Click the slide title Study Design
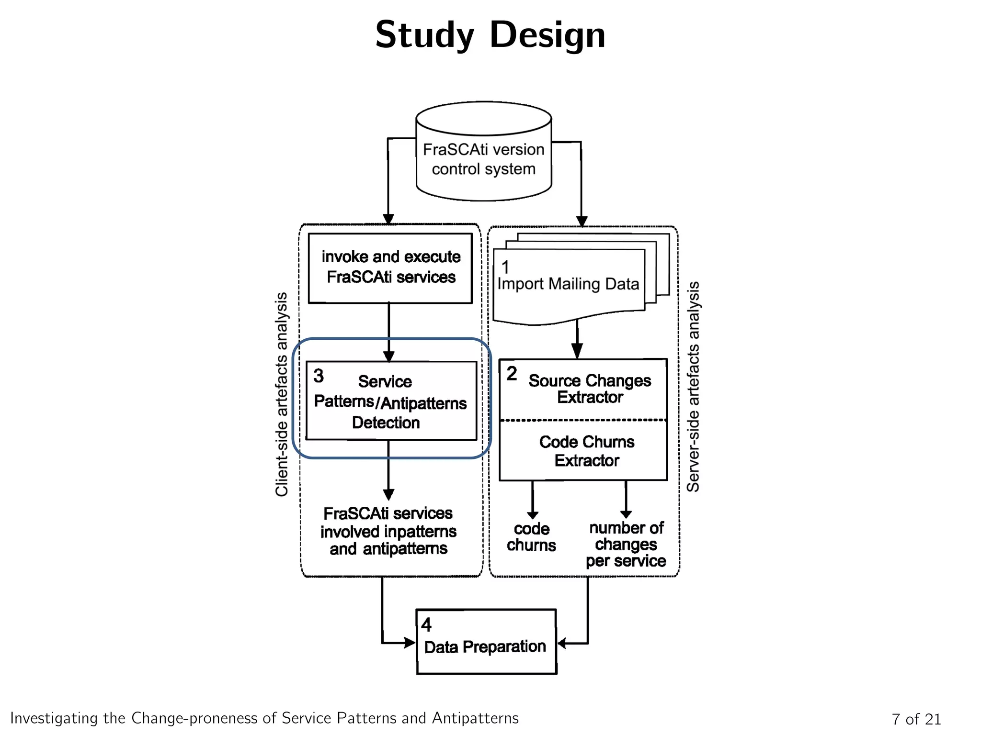pos(490,34)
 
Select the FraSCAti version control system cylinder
pos(484,158)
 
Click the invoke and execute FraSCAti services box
pos(390,267)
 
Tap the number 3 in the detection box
pos(319,376)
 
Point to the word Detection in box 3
pos(386,423)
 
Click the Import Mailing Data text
pos(568,284)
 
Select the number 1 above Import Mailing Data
pos(505,267)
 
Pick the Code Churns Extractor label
pos(587,451)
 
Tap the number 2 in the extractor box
pos(512,374)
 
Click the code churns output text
pos(531,537)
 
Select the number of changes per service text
pos(626,545)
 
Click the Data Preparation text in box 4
pos(485,647)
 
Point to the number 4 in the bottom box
pos(426,625)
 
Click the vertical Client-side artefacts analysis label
pos(282,394)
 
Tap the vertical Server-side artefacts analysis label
pos(693,387)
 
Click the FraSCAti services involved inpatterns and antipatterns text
pos(388,531)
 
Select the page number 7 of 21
pos(916,719)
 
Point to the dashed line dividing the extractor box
pos(583,420)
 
